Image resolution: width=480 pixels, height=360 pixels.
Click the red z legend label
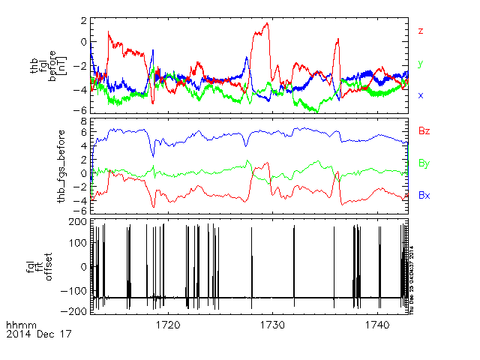421,31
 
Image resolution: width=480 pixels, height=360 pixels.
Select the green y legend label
421,64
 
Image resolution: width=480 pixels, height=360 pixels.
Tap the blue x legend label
421,95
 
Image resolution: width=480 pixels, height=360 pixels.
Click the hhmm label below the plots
17,325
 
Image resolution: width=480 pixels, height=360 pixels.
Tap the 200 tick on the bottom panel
76,223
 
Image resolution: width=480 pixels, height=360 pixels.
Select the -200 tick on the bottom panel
74,310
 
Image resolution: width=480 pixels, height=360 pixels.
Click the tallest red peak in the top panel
267,24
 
